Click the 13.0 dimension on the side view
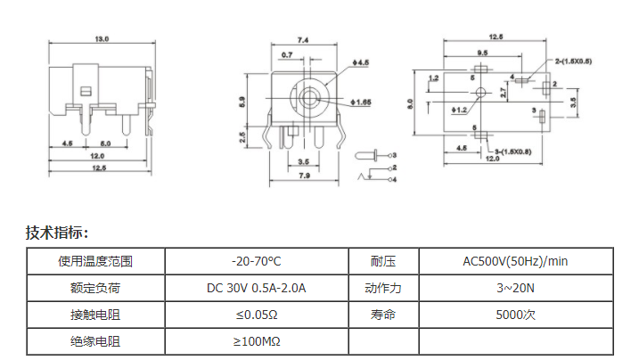pos(102,39)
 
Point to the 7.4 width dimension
pos(302,40)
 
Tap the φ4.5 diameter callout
pos(362,61)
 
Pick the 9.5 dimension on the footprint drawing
pos(481,53)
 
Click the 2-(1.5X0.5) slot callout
pos(568,61)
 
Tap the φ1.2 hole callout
pos(461,110)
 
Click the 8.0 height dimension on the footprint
pos(411,103)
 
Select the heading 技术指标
pos(57,233)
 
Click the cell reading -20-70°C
pos(256,261)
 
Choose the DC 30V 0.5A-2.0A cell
pos(256,288)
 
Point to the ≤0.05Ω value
pos(256,315)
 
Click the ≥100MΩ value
pos(256,341)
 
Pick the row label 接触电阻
pos(95,315)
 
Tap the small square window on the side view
pos(86,91)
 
